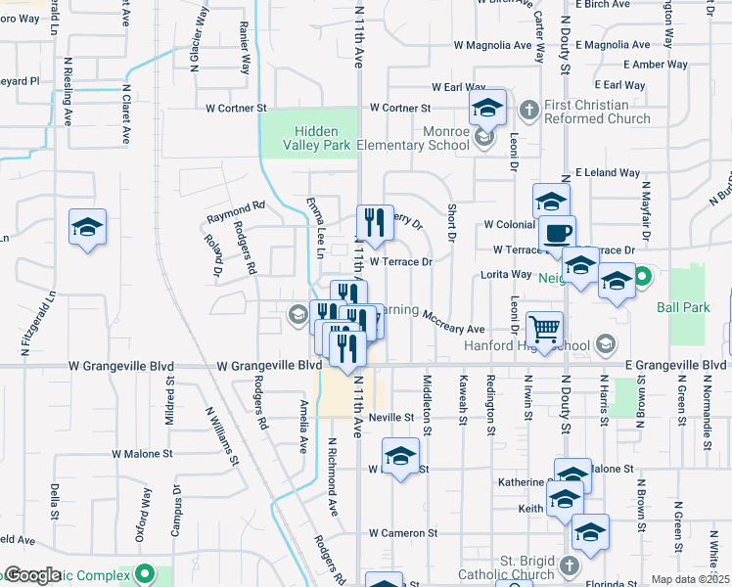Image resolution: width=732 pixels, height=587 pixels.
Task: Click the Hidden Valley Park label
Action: pyautogui.click(x=316, y=138)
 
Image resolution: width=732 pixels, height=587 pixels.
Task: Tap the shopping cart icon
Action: pyautogui.click(x=545, y=328)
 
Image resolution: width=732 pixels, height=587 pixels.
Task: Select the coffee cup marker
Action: pyautogui.click(x=558, y=235)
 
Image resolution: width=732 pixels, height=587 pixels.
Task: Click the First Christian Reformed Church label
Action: pyautogui.click(x=599, y=112)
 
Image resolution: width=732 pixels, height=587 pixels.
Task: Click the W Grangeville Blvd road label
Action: pyautogui.click(x=196, y=365)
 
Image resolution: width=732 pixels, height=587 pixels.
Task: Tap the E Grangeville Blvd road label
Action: pyautogui.click(x=676, y=365)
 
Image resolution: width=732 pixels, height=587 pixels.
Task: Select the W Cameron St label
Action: pyautogui.click(x=403, y=533)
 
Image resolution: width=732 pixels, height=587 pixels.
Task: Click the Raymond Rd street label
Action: pyautogui.click(x=236, y=206)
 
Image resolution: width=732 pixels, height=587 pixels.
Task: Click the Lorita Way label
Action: pyautogui.click(x=506, y=275)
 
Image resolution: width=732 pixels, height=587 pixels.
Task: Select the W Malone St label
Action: pyautogui.click(x=142, y=454)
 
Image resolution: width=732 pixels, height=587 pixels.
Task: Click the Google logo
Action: pyautogui.click(x=32, y=575)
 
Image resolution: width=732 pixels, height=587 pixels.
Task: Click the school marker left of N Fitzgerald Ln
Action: pyautogui.click(x=88, y=229)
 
